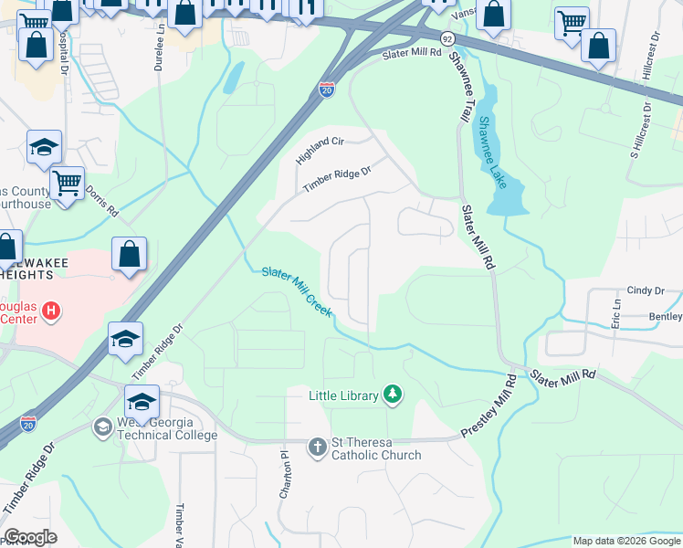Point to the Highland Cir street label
coord(319,151)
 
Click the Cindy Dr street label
coord(646,290)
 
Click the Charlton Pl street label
coord(284,468)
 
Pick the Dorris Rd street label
coord(102,201)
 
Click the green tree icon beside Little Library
coord(393,395)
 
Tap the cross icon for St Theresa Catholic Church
coord(317,447)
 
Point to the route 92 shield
coord(447,39)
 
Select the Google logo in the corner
coord(30,537)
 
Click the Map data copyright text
coord(625,541)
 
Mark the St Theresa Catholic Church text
coord(376,448)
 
